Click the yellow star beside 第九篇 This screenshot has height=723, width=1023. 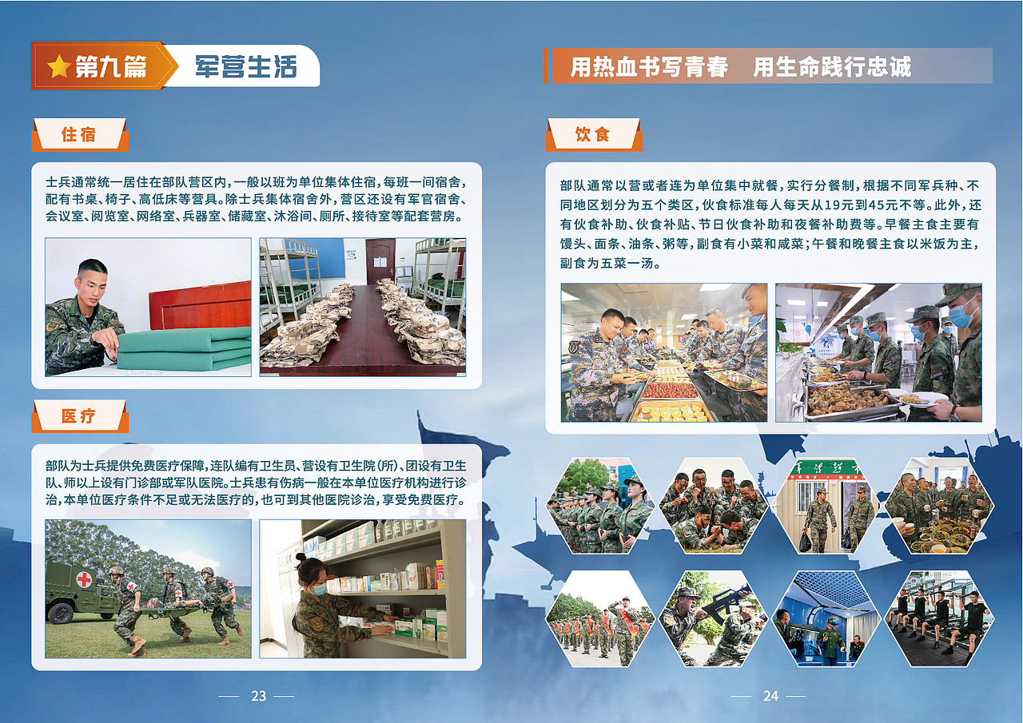[59, 67]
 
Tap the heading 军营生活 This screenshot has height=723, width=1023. [245, 67]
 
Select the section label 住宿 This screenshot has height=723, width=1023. [79, 134]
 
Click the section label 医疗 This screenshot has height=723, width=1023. [79, 416]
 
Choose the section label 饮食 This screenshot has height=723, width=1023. [593, 134]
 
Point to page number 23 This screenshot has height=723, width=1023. [258, 696]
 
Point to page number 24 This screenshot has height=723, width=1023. [770, 696]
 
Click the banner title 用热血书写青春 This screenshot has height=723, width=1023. [649, 67]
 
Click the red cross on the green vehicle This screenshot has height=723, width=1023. [83, 579]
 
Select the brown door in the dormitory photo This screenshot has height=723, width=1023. [380, 260]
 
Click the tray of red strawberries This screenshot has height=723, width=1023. [670, 390]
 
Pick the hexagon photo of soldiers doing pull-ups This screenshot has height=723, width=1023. [938, 618]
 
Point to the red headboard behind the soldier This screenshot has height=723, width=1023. [200, 305]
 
